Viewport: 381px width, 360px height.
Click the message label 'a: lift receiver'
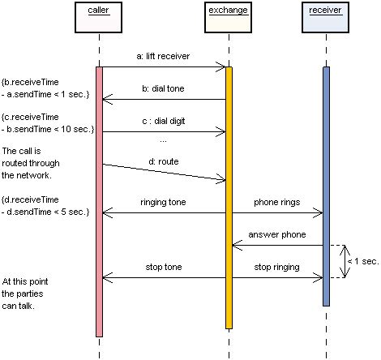tap(163, 57)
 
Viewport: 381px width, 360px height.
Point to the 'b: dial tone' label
tap(163, 88)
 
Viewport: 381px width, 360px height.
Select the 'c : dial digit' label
tap(163, 119)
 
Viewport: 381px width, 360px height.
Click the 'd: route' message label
tap(163, 161)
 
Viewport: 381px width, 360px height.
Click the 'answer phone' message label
tap(277, 235)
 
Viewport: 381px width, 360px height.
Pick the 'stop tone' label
tap(163, 267)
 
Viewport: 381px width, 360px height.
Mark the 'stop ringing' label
tap(277, 267)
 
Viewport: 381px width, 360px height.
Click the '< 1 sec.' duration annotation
tap(362, 261)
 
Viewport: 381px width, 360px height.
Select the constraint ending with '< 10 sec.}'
tap(47, 124)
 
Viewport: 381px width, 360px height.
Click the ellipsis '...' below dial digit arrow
tap(163, 140)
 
